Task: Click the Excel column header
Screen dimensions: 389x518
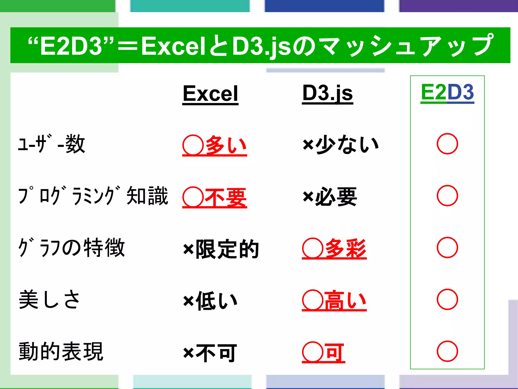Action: pyautogui.click(x=210, y=94)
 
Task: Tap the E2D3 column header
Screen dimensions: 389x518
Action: pyautogui.click(x=447, y=92)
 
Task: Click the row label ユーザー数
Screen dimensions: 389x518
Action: pyautogui.click(x=52, y=144)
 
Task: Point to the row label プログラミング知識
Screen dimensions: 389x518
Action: pyautogui.click(x=93, y=196)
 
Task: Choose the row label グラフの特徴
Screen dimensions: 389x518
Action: pyautogui.click(x=72, y=247)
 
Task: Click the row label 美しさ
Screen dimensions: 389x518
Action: pyautogui.click(x=50, y=299)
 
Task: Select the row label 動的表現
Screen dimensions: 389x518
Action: pyautogui.click(x=61, y=351)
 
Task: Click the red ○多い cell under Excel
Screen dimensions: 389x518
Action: pyautogui.click(x=214, y=145)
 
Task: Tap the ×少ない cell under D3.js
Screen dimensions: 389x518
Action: pyautogui.click(x=340, y=144)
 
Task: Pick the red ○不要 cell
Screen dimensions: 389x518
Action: pyautogui.click(x=214, y=197)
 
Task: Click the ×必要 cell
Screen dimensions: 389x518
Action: pyautogui.click(x=330, y=197)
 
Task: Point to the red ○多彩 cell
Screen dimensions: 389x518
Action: pyautogui.click(x=334, y=249)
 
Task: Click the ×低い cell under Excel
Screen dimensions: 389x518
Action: pyautogui.click(x=210, y=301)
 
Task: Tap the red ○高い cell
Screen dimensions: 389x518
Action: pyautogui.click(x=334, y=301)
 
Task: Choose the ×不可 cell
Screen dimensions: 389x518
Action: pyautogui.click(x=210, y=353)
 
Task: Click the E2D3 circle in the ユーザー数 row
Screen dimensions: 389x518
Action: pyautogui.click(x=447, y=144)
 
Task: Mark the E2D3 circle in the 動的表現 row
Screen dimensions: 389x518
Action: pyautogui.click(x=447, y=351)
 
